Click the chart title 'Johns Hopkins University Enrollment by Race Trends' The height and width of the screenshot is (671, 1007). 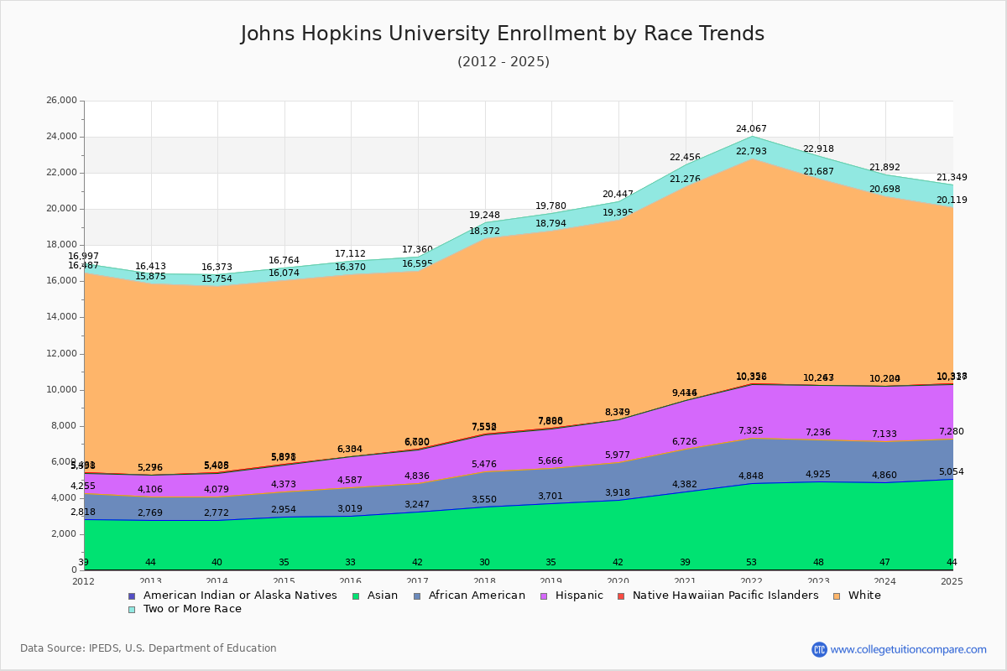(x=503, y=34)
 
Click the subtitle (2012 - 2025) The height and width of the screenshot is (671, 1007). (x=503, y=62)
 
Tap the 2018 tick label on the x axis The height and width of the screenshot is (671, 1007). (x=484, y=581)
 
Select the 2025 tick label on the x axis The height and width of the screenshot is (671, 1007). (x=952, y=581)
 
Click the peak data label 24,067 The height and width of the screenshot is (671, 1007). (x=751, y=129)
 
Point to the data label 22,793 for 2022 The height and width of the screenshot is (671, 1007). (x=751, y=152)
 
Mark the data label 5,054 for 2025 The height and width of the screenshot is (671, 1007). (x=951, y=472)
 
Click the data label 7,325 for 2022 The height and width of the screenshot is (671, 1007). (x=751, y=431)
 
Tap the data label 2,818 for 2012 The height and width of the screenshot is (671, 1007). (x=82, y=512)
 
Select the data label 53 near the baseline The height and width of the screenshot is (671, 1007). (x=751, y=563)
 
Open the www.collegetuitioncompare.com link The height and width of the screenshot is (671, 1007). (x=908, y=649)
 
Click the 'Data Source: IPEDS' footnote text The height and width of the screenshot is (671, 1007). (x=149, y=648)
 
